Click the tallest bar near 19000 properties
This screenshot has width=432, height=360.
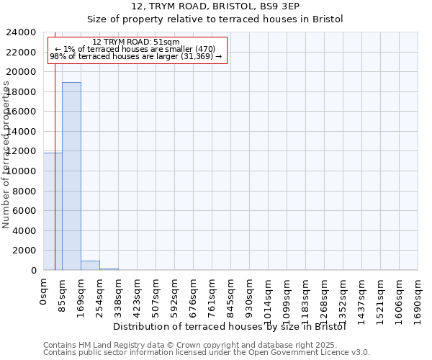71,176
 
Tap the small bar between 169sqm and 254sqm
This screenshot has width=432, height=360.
90,265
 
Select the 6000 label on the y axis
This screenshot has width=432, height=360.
24,211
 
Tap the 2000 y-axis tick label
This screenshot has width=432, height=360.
24,251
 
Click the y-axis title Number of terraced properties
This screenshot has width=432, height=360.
6,155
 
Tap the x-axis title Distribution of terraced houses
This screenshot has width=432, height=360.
230,326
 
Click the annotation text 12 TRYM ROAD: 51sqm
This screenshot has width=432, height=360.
136,42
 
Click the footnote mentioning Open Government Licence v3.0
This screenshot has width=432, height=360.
207,353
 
